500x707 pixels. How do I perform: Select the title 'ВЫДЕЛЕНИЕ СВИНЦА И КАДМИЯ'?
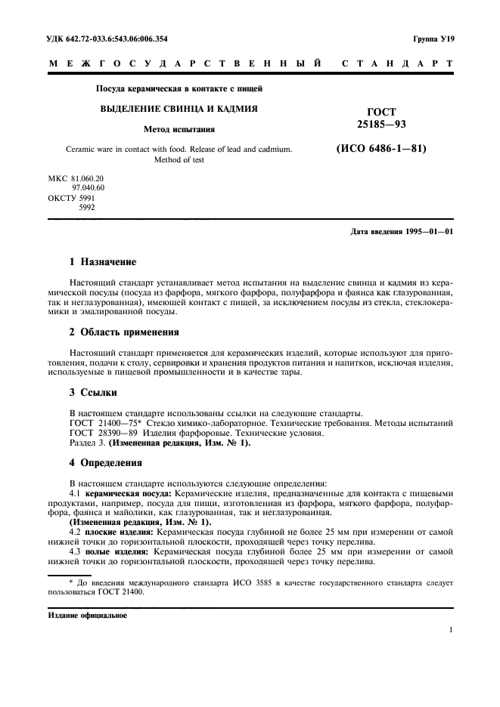179,109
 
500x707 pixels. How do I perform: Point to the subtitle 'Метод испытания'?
179,129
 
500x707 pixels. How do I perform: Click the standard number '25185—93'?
381,122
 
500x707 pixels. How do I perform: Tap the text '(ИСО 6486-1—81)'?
381,149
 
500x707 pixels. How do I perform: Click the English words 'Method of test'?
179,160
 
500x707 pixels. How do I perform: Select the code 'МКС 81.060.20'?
76,178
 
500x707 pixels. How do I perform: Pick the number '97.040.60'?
88,187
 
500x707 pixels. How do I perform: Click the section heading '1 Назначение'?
103,262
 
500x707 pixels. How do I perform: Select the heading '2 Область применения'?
124,332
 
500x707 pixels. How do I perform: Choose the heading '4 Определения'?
105,462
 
